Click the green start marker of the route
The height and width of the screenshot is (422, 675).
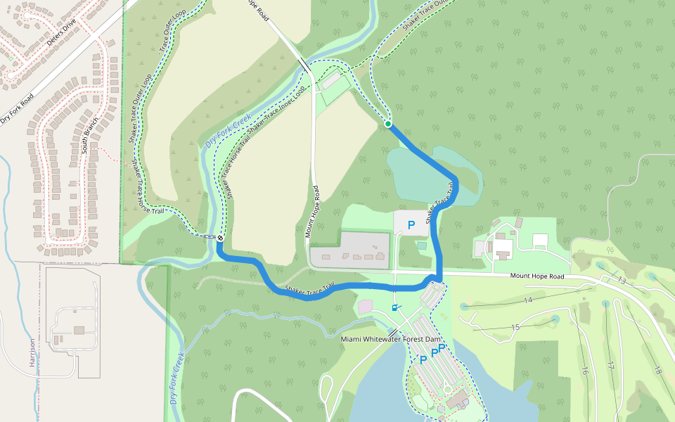tap(387, 124)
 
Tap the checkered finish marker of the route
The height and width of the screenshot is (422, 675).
tap(220, 238)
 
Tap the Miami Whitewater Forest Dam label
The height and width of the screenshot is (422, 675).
tap(395, 339)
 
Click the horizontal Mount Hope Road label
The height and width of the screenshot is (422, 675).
tap(537, 276)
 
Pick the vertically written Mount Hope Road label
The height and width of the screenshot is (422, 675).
tap(312, 211)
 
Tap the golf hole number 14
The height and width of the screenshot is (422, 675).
tap(528, 300)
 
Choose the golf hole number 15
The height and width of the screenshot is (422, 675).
tap(515, 327)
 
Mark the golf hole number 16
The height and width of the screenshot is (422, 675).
tap(584, 371)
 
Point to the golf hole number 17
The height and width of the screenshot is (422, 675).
tap(611, 366)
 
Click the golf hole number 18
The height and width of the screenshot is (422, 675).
tap(657, 371)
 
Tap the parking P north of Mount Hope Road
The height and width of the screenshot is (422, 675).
tap(411, 226)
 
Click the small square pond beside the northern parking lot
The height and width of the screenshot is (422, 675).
tap(421, 245)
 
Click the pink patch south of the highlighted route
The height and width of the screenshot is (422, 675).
tap(365, 307)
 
